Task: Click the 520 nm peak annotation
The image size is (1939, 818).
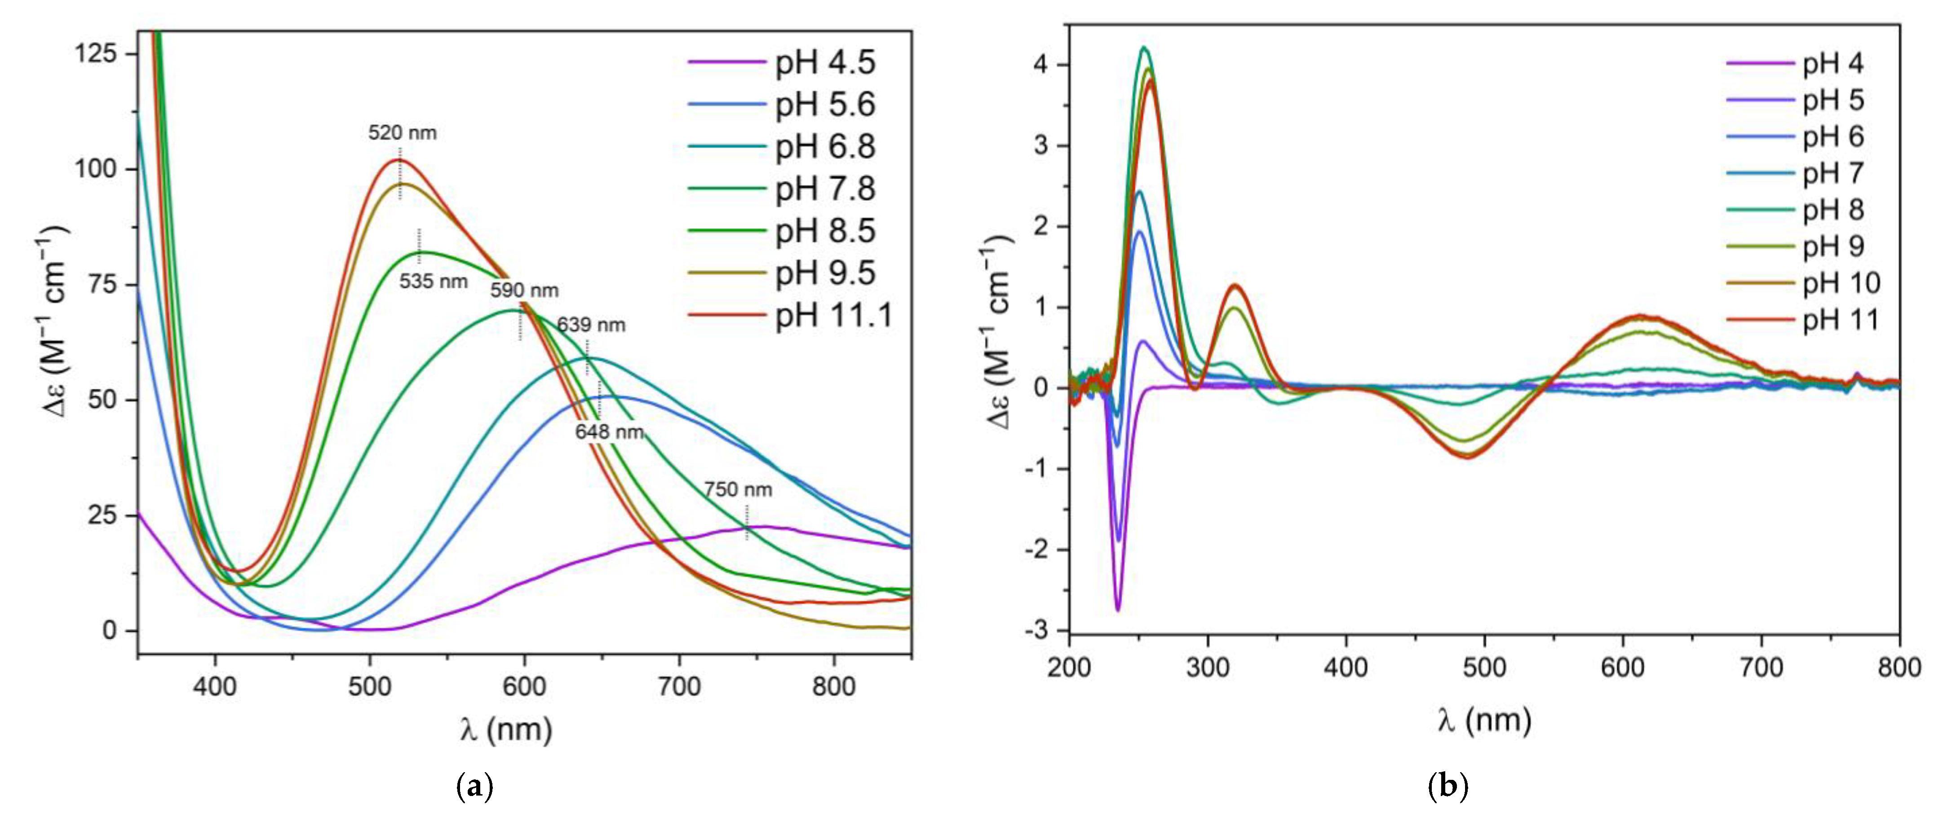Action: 402,133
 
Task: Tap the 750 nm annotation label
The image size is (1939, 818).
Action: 738,490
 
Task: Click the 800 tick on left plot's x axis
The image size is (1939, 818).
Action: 833,686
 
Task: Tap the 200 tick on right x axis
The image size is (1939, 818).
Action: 1070,668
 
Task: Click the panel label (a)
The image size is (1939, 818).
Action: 475,787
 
